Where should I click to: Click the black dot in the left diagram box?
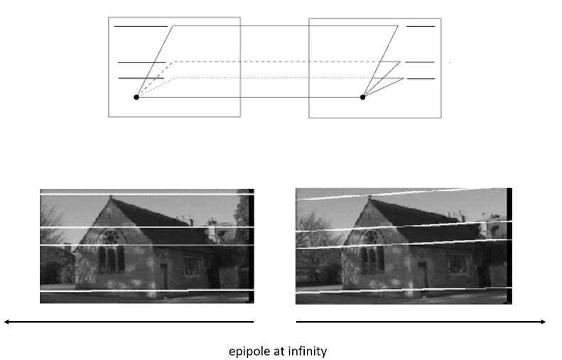click(x=136, y=97)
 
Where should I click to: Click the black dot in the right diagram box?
click(x=362, y=97)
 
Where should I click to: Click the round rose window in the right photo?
click(x=369, y=236)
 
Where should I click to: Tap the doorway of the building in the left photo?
click(x=164, y=275)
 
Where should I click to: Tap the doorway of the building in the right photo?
click(x=422, y=275)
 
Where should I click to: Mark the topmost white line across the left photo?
click(x=142, y=193)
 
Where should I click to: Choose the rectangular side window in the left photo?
click(x=193, y=266)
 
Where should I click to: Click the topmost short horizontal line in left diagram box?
click(x=141, y=26)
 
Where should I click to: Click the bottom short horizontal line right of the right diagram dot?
click(x=421, y=78)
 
